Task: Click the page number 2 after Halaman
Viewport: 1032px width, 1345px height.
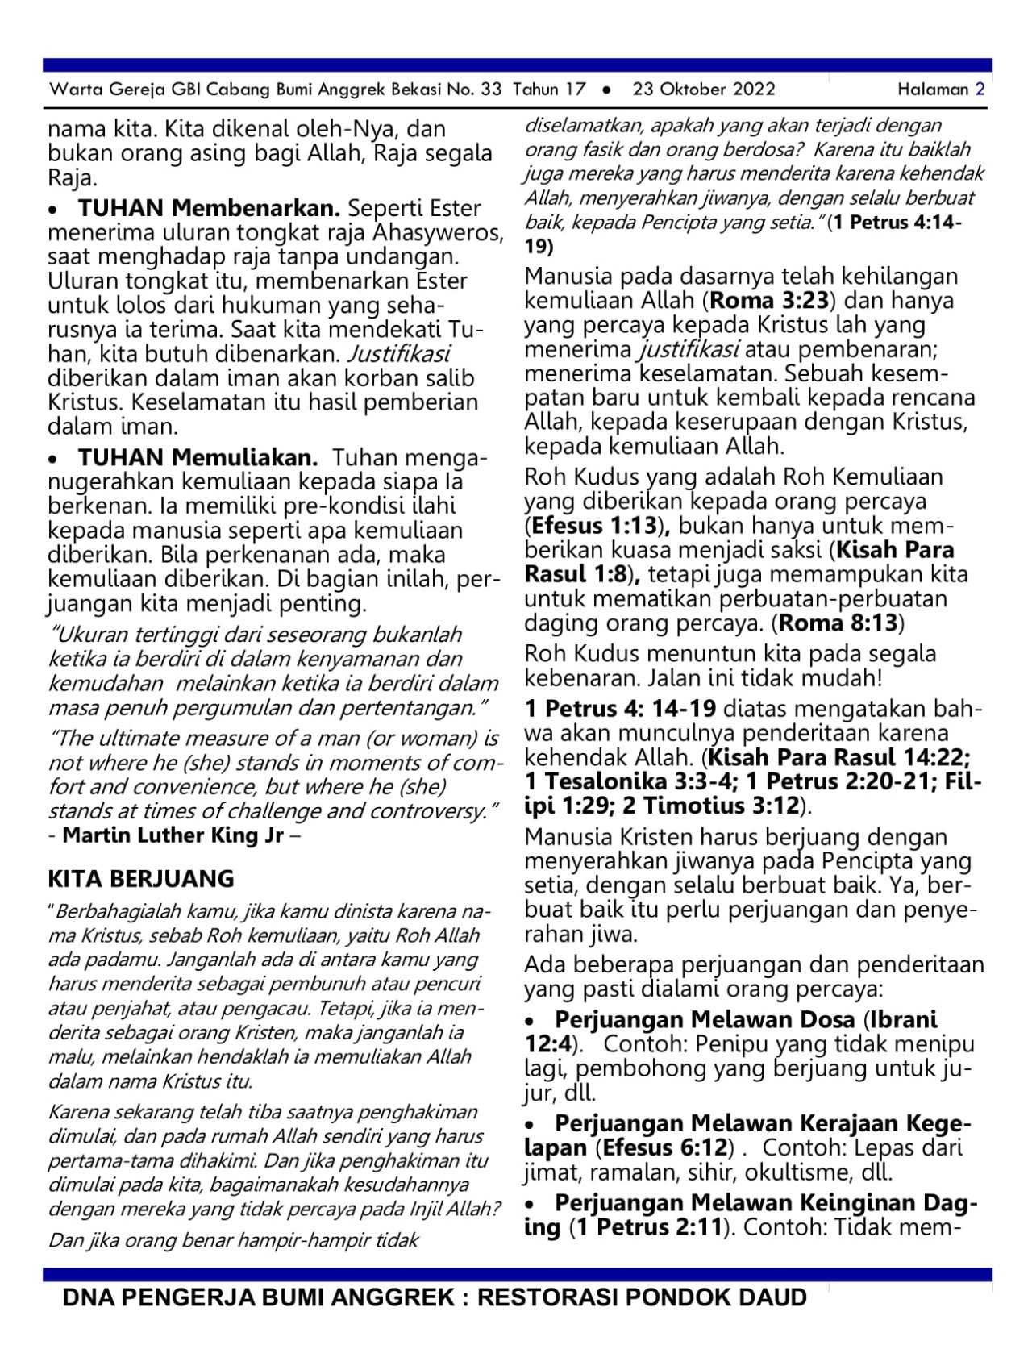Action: click(980, 90)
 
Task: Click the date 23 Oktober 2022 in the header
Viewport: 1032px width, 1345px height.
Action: click(703, 90)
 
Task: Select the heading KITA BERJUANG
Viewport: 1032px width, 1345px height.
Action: click(141, 878)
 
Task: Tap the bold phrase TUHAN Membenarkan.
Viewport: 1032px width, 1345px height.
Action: click(209, 208)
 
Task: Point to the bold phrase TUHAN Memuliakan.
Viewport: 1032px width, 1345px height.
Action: click(198, 458)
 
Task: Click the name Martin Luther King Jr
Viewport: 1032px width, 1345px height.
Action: click(173, 835)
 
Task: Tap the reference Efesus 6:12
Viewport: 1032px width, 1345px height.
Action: click(665, 1147)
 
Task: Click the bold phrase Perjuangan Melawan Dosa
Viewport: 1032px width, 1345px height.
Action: click(705, 1019)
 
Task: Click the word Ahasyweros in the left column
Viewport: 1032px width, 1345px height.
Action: click(437, 233)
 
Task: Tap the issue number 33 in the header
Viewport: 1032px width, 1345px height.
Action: click(490, 90)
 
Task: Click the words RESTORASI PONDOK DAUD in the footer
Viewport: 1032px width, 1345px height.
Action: click(642, 1297)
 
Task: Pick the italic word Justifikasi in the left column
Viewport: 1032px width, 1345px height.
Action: click(399, 354)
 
